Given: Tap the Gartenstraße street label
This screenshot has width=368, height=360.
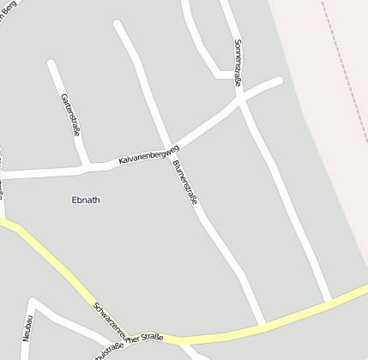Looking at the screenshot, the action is tap(70, 114).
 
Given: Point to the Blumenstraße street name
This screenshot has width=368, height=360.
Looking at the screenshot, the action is tap(184, 181).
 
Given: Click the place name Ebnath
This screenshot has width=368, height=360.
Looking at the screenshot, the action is tap(85, 200).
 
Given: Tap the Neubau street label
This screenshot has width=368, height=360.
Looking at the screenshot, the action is tap(27, 327).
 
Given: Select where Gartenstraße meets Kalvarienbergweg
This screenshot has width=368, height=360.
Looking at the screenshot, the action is tap(87, 163).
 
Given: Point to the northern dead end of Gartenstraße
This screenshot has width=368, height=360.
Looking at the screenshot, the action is tap(52, 63).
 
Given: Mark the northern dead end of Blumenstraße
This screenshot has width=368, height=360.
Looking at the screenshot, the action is tap(118, 24).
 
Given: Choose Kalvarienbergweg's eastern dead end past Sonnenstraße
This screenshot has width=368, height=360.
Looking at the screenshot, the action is tap(279, 81).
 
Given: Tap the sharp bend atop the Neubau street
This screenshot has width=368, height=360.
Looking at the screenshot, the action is tap(33, 303).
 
